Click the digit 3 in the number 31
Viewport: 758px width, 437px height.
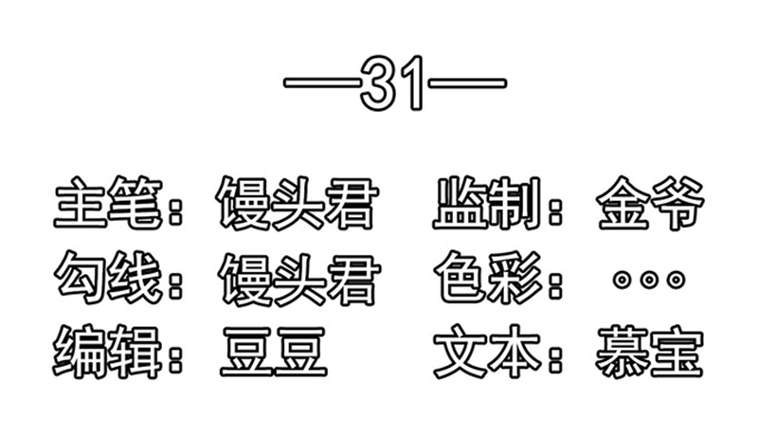pyautogui.click(x=379, y=82)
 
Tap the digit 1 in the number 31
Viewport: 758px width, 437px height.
pyautogui.click(x=414, y=82)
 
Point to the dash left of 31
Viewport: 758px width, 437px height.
pyautogui.click(x=322, y=82)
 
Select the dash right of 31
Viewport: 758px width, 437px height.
pyautogui.click(x=467, y=82)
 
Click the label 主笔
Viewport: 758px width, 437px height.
pyautogui.click(x=108, y=202)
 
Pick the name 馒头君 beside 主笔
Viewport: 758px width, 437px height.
pyautogui.click(x=297, y=203)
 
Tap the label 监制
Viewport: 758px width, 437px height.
pyautogui.click(x=487, y=203)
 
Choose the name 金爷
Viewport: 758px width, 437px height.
pyautogui.click(x=650, y=203)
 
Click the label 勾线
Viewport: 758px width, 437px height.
pyautogui.click(x=108, y=277)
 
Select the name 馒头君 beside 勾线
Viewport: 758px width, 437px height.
pyautogui.click(x=299, y=279)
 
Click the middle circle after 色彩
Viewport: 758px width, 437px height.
pyautogui.click(x=649, y=280)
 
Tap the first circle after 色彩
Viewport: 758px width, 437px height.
pyautogui.click(x=623, y=280)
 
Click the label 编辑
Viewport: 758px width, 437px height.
pyautogui.click(x=107, y=352)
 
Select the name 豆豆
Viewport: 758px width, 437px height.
pyautogui.click(x=274, y=352)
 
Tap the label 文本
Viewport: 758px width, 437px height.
pyautogui.click(x=487, y=352)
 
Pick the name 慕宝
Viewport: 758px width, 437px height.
pyautogui.click(x=649, y=352)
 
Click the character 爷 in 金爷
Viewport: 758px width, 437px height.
pyautogui.click(x=677, y=203)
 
